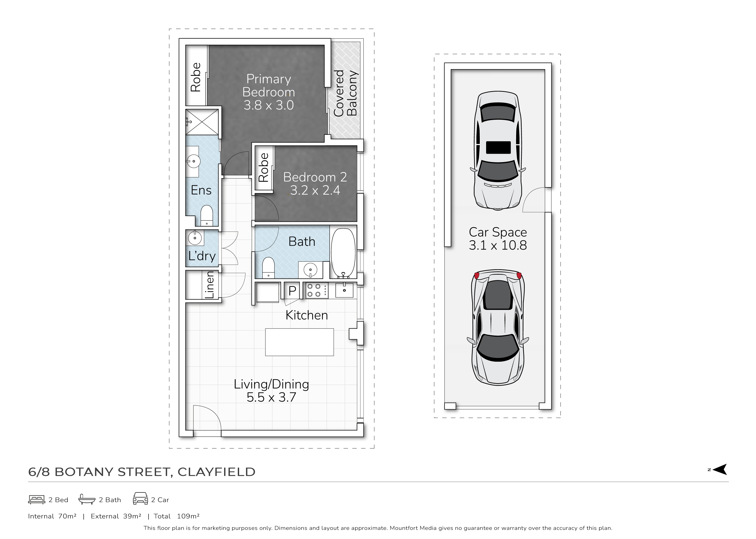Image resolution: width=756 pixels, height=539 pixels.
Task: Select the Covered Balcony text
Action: (345, 93)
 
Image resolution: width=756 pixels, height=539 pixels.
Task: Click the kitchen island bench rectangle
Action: (299, 342)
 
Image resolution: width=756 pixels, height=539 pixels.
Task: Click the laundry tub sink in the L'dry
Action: (195, 238)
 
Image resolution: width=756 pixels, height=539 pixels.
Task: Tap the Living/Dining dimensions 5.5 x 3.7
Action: (271, 397)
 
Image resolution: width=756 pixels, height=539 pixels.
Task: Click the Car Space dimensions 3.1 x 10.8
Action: (498, 245)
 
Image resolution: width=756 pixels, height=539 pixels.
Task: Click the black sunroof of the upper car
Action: (498, 147)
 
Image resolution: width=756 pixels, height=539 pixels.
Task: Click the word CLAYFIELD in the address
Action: (216, 472)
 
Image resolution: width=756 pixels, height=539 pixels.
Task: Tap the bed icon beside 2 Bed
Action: (37, 500)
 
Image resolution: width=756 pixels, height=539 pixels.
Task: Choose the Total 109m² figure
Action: (177, 516)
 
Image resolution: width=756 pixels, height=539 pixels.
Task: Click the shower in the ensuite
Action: (202, 122)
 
